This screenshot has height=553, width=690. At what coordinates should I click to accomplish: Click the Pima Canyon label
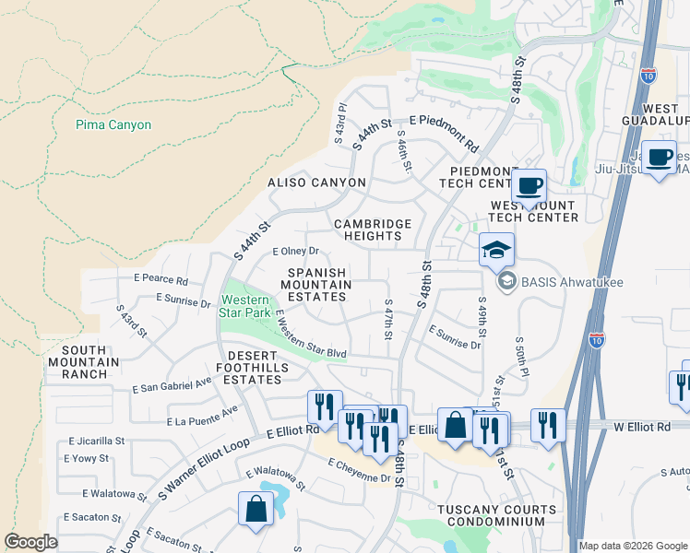(113, 124)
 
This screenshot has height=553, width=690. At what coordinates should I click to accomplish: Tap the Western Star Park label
(245, 307)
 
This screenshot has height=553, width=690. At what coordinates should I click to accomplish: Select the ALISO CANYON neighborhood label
(316, 182)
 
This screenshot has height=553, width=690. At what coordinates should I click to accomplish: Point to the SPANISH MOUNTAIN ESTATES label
(318, 285)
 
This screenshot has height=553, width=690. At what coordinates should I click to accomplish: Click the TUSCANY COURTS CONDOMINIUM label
(496, 515)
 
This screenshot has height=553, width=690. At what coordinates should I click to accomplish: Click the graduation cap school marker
(496, 249)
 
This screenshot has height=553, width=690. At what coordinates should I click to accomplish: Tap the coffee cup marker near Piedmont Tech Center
(529, 186)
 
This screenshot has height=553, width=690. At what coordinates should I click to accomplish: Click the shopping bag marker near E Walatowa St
(256, 508)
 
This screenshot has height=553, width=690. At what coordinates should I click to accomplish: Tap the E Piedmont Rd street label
(445, 133)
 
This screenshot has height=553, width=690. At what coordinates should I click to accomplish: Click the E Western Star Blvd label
(310, 335)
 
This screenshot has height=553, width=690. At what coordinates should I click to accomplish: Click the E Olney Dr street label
(295, 251)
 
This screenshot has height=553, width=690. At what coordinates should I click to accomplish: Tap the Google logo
(30, 542)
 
